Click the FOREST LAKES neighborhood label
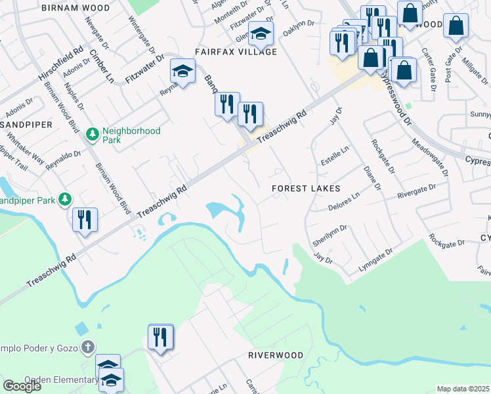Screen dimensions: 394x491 pos(307,188)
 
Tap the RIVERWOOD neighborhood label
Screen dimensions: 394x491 pos(276,355)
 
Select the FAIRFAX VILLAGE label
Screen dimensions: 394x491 pos(235,52)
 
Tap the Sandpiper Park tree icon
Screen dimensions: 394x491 pos(64,198)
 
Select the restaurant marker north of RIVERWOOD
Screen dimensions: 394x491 pos(161,338)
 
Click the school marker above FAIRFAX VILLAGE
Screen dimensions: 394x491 pos(261,34)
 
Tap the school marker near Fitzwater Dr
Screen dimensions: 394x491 pos(182,72)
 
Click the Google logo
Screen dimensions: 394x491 pos(22,386)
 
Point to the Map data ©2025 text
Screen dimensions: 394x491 pos(463,389)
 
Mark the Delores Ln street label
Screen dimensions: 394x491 pos(344,202)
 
